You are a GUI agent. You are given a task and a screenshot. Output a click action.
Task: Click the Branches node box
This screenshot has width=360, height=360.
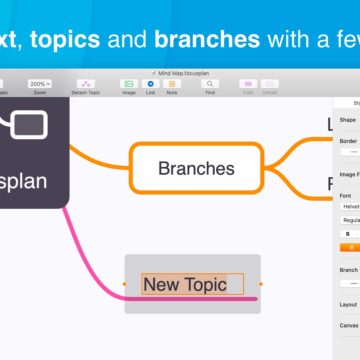click(x=196, y=168)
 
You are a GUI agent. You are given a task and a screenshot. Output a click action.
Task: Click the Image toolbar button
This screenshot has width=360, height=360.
click(x=128, y=85)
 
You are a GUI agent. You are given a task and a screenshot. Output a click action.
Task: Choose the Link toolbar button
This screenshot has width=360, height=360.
click(x=150, y=85)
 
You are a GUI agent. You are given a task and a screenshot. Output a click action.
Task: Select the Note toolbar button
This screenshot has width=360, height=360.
click(x=171, y=85)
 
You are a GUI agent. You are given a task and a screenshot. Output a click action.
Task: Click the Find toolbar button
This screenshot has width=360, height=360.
click(x=209, y=85)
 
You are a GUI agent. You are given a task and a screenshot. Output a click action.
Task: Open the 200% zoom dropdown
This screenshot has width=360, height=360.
click(x=41, y=84)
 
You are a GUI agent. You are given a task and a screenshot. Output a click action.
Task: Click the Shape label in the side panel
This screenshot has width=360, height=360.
click(x=347, y=119)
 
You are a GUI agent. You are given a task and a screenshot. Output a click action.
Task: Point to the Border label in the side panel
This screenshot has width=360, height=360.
click(x=347, y=142)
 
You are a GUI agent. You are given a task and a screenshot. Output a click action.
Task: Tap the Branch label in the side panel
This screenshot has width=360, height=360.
click(x=347, y=269)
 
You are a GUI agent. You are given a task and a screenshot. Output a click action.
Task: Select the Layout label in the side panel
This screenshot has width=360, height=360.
click(x=347, y=304)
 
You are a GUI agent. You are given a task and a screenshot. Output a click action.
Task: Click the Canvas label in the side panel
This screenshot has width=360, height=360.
click(x=347, y=324)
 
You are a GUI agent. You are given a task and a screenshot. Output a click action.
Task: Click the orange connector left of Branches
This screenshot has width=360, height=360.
click(x=100, y=160)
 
